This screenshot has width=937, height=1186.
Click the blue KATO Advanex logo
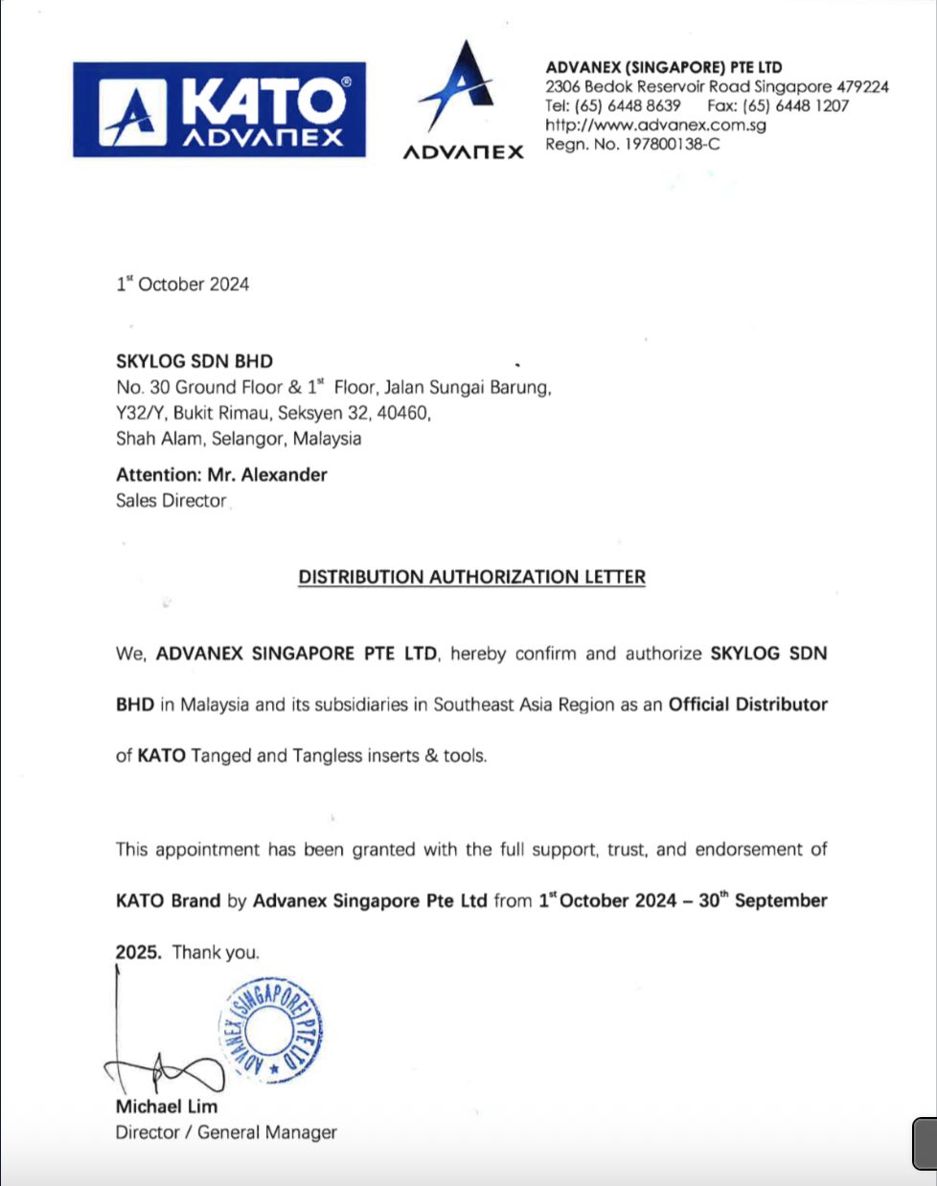click(x=219, y=109)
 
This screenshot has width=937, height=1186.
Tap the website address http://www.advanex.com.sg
click(x=655, y=125)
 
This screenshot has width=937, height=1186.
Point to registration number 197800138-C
click(x=670, y=145)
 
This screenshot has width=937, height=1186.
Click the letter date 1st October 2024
click(x=182, y=285)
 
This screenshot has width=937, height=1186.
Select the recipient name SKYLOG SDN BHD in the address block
click(x=194, y=361)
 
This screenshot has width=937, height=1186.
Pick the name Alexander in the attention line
click(x=285, y=474)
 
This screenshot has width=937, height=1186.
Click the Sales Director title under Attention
click(x=171, y=500)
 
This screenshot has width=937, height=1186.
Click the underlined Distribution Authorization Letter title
click(x=471, y=577)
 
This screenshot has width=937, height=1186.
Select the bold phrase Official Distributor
click(x=747, y=704)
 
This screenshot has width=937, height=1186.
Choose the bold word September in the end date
click(x=781, y=901)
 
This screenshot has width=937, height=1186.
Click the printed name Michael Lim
click(x=167, y=1106)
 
